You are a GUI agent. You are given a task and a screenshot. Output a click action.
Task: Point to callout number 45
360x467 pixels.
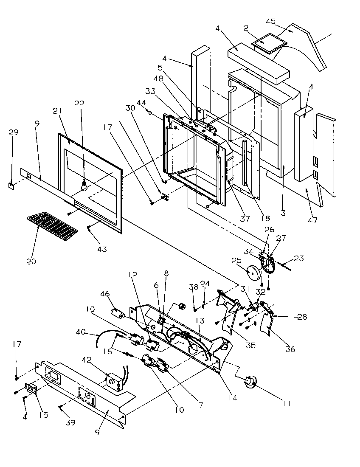pyautogui.click(x=282, y=21)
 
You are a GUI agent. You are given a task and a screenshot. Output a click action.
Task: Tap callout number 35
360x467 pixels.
pyautogui.click(x=250, y=345)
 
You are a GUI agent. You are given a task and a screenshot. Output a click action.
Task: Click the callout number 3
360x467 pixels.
pyautogui.click(x=283, y=213)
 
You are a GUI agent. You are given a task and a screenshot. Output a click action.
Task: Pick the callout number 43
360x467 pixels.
pyautogui.click(x=102, y=249)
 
